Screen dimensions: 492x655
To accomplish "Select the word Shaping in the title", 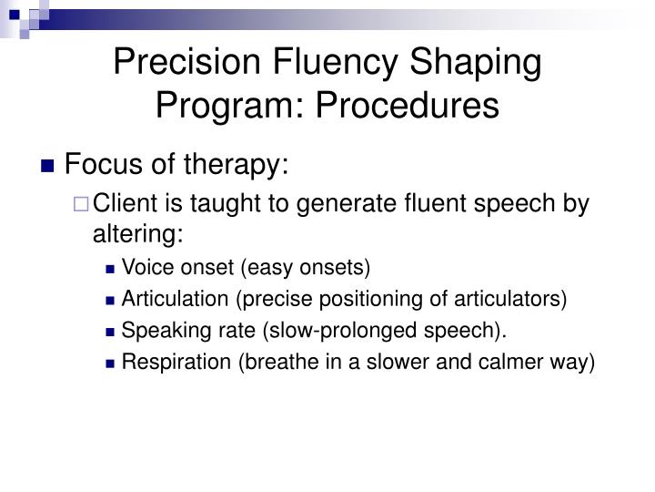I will click(481, 67).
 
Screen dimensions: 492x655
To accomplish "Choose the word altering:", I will click(137, 234).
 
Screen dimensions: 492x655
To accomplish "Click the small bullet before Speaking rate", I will click(111, 331).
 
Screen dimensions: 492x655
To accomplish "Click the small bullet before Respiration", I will click(111, 363).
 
